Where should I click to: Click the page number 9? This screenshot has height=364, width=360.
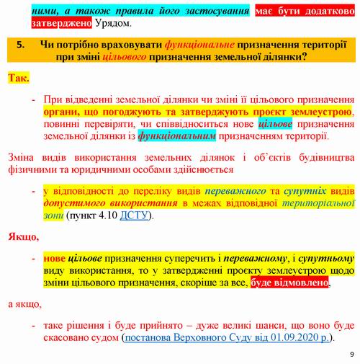(351, 354)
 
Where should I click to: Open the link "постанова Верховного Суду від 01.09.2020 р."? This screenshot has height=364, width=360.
(228, 337)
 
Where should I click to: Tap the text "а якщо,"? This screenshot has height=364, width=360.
(25, 303)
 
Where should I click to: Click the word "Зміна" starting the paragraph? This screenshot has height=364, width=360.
(22, 157)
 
